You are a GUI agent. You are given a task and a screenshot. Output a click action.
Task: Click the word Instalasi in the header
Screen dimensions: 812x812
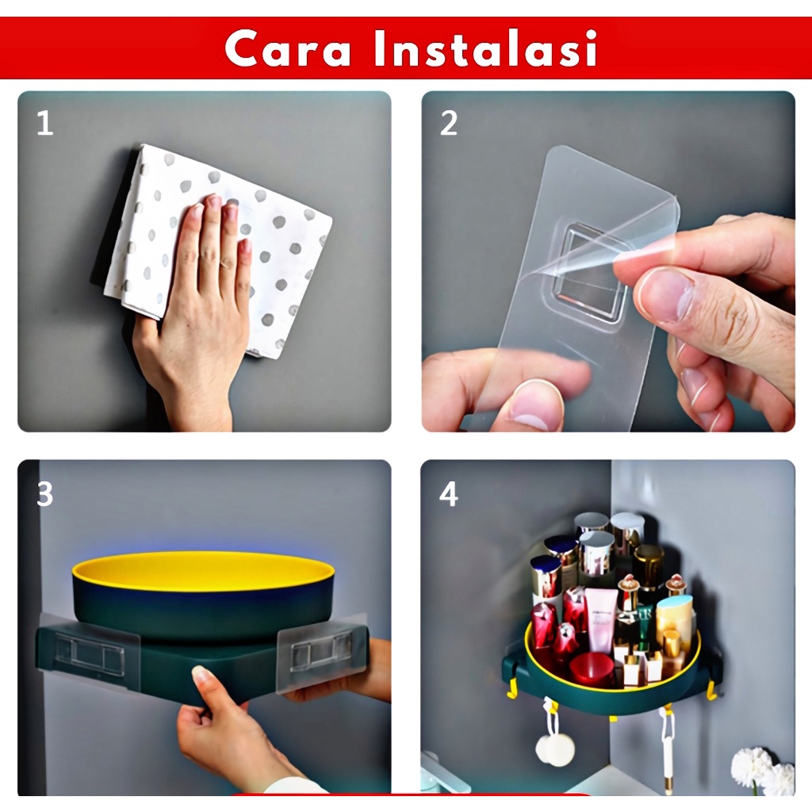click(486, 48)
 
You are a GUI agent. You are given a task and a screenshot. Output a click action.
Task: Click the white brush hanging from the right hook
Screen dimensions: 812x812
click(668, 751)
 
